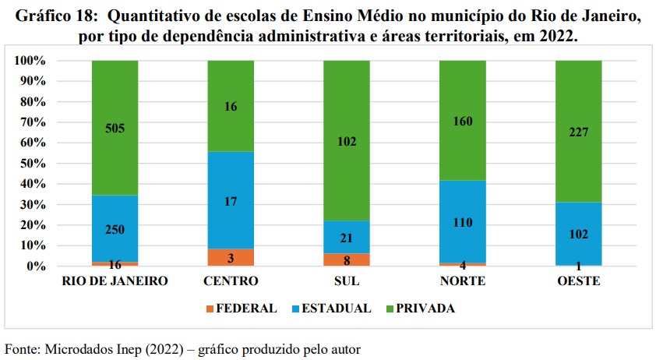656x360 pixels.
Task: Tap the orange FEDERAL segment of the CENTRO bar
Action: pyautogui.click(x=231, y=257)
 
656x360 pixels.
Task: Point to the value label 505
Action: pyautogui.click(x=115, y=129)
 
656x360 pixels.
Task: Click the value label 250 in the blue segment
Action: pyautogui.click(x=115, y=230)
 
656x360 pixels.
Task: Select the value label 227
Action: pyautogui.click(x=578, y=132)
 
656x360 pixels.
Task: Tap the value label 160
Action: pyautogui.click(x=462, y=121)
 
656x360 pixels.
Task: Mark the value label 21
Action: pyautogui.click(x=346, y=238)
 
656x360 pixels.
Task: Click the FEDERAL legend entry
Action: pyautogui.click(x=242, y=308)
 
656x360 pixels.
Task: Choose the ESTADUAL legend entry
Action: pyautogui.click(x=331, y=308)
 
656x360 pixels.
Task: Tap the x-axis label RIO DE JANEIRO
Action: pyautogui.click(x=115, y=281)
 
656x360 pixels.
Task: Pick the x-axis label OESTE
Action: pyautogui.click(x=578, y=281)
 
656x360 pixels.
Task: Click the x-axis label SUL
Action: pyautogui.click(x=346, y=281)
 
